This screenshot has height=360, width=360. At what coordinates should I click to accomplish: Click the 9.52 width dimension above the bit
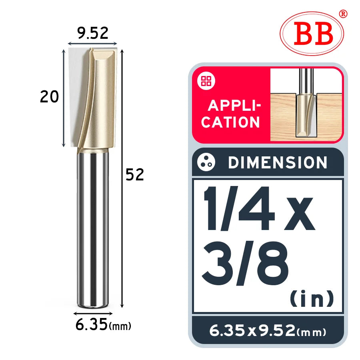(x=92, y=33)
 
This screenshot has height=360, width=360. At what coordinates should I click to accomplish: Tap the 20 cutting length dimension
(x=49, y=97)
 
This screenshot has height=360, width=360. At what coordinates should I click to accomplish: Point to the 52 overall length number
(x=135, y=174)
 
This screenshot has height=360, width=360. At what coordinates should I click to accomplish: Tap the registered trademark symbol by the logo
(x=343, y=14)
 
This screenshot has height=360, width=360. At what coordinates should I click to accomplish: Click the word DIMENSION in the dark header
(x=278, y=162)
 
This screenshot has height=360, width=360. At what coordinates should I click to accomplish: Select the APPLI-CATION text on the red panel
(x=231, y=114)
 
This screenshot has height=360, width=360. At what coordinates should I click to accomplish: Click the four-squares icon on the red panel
(x=206, y=81)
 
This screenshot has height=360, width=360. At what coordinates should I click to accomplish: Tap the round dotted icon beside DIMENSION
(x=206, y=162)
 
